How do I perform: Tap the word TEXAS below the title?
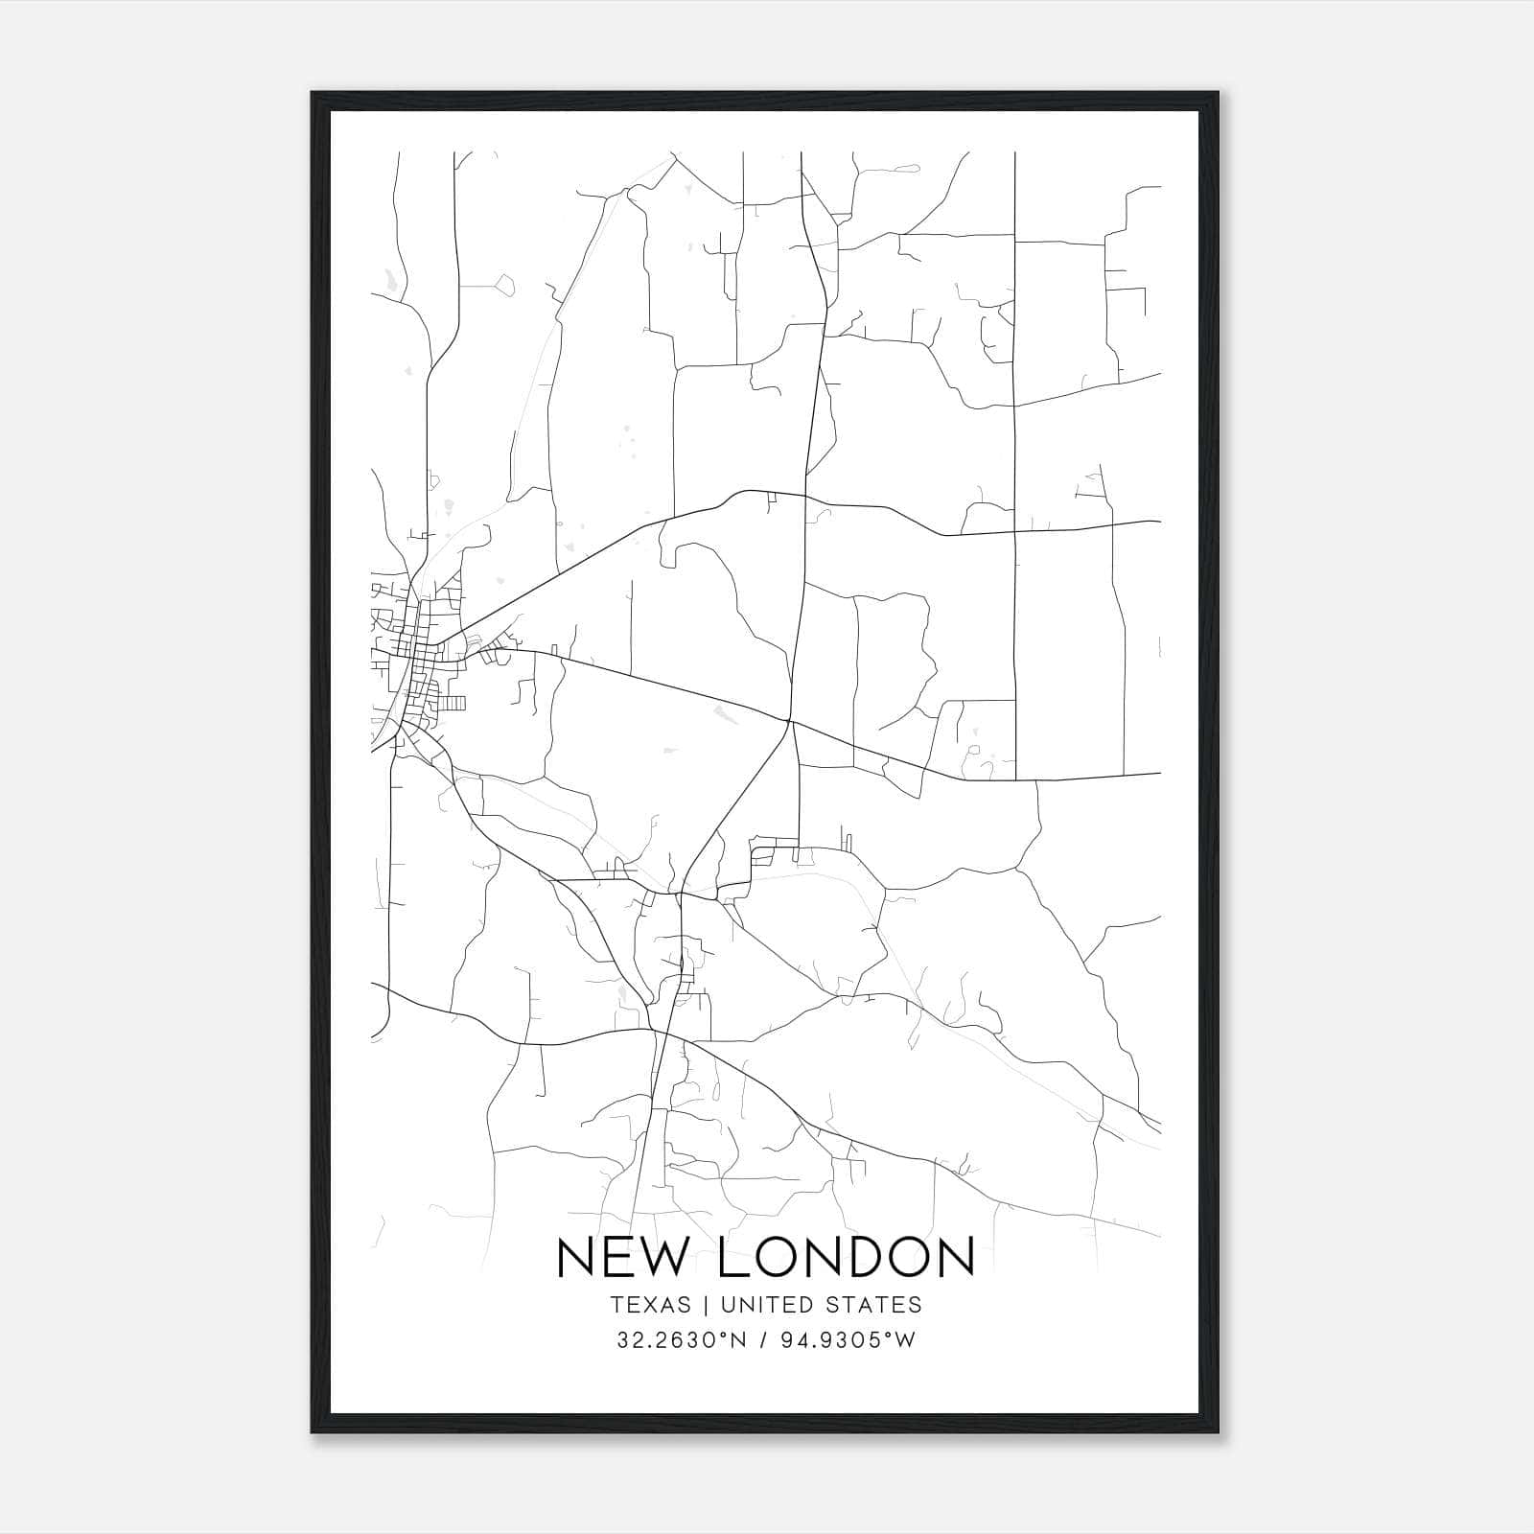coord(649,1305)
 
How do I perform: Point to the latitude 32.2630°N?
coord(682,1339)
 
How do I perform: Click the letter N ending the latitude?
coord(740,1339)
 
